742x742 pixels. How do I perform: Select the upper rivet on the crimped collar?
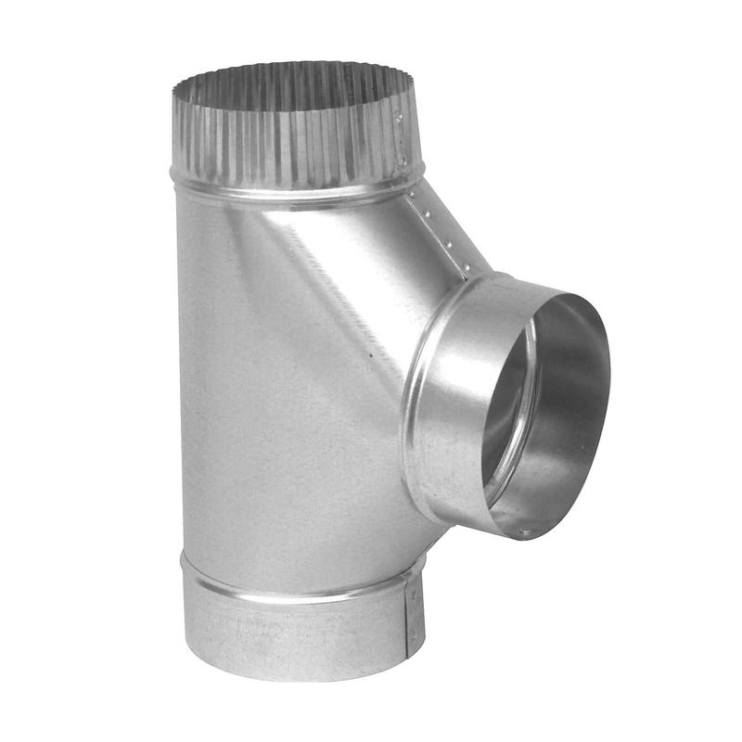point(398,118)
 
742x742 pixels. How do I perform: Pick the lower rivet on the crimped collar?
point(403,160)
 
